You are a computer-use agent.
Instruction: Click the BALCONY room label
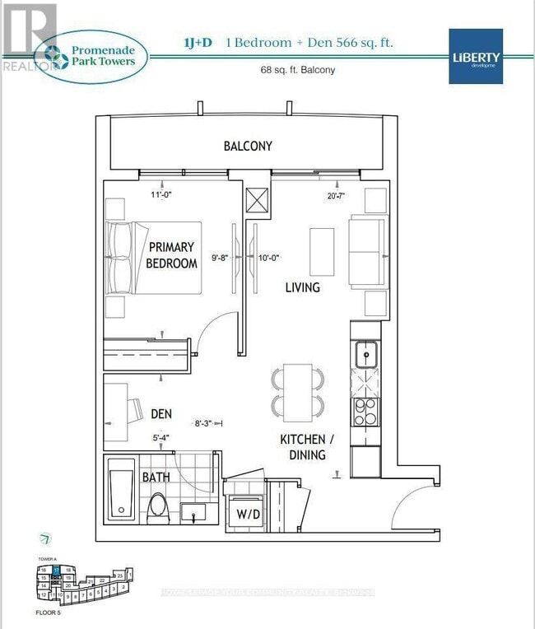248,146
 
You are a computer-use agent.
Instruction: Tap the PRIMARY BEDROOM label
171,255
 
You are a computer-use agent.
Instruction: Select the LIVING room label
302,287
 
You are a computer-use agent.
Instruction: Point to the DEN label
160,414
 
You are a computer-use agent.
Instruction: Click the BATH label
156,477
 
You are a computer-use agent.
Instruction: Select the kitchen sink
366,354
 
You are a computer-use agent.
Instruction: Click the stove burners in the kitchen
365,409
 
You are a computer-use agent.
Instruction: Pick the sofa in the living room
367,251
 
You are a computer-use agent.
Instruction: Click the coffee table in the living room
322,252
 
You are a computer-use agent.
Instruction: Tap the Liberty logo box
475,56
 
